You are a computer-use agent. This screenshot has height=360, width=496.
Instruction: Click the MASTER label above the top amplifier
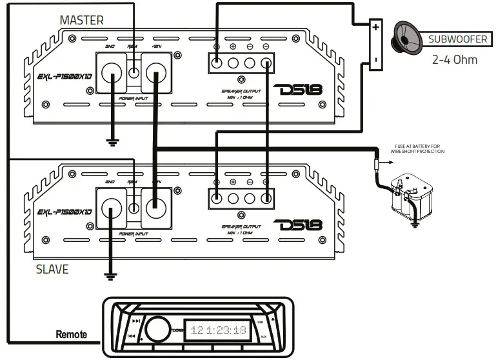point(81,20)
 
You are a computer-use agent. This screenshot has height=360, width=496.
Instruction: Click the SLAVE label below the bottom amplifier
point(52,268)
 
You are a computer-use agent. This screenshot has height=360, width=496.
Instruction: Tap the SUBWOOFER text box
point(458,39)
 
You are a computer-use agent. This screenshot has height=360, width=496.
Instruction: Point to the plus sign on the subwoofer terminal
point(375,28)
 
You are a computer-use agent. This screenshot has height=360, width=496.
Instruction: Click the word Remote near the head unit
point(72,335)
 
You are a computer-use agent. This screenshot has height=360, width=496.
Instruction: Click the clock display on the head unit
point(218,330)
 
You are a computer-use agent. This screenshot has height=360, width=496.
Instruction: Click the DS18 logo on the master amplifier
point(298,92)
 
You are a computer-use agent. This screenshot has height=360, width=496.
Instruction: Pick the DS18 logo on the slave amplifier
point(298,227)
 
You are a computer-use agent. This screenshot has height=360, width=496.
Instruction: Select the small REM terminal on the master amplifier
point(135,72)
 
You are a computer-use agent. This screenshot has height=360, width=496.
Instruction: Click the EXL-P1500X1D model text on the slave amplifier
point(64,212)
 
